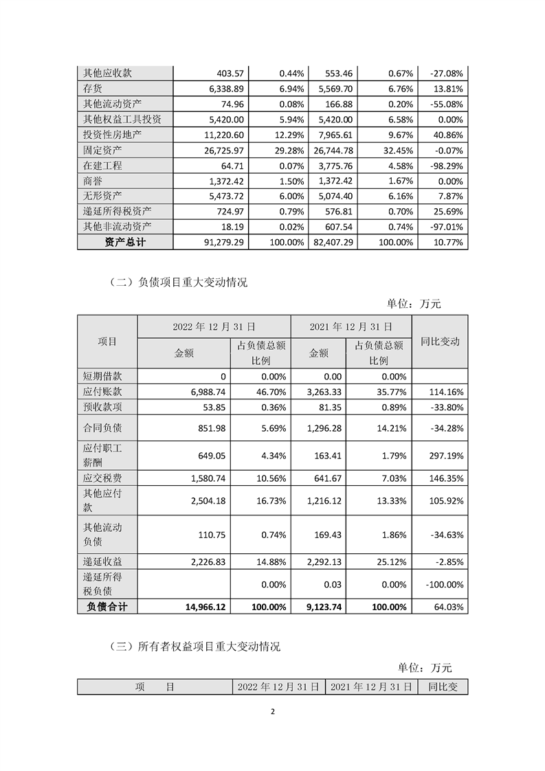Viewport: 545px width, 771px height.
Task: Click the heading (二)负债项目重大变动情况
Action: coord(178,282)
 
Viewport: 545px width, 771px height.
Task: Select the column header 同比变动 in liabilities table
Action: coord(440,342)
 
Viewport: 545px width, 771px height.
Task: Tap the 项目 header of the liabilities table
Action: coord(107,342)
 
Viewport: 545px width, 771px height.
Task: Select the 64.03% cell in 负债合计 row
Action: coord(445,607)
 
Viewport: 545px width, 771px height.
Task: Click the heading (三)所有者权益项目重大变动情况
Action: coord(194,647)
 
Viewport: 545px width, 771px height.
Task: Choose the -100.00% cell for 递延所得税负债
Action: coord(441,585)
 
